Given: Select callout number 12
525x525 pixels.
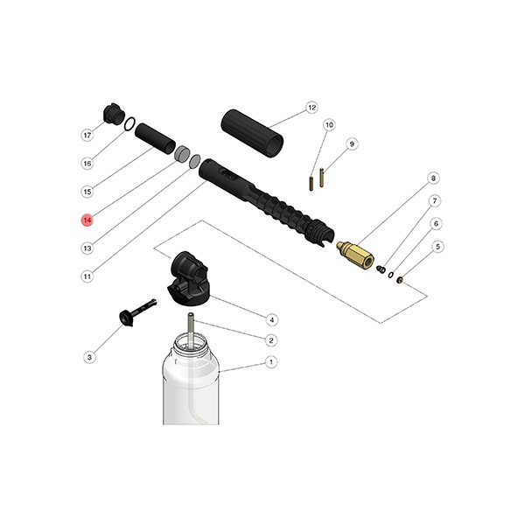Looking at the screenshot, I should point(311,108).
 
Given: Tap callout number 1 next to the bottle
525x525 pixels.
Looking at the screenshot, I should point(271,361).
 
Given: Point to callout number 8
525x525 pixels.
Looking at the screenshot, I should point(432,178).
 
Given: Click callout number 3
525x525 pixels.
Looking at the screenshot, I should point(88,357).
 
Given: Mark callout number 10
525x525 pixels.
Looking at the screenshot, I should point(329,125).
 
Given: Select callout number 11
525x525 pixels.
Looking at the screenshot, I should point(87,276).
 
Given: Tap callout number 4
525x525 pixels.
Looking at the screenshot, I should point(272,319).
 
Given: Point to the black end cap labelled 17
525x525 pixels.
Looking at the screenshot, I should point(113,115).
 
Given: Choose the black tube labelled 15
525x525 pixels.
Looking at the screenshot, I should point(154,138).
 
